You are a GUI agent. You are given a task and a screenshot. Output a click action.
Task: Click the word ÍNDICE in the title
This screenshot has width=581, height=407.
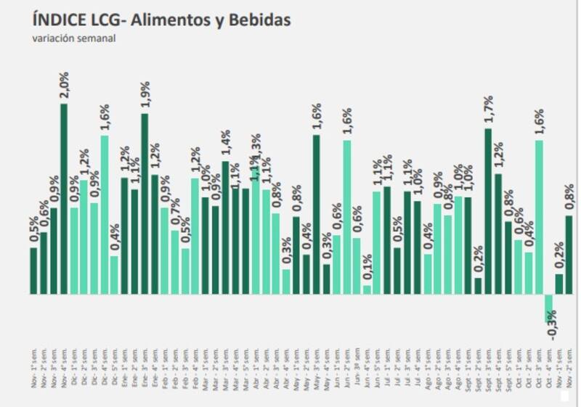coord(62,20)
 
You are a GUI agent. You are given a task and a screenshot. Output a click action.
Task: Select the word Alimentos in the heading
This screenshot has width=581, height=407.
coord(174,20)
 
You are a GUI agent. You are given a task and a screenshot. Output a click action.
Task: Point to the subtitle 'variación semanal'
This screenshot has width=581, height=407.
coord(74,38)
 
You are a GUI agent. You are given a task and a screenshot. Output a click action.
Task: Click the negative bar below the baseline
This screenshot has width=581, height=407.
coord(548,308)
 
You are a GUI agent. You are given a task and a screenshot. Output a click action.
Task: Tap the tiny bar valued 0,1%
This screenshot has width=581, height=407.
coord(367,289)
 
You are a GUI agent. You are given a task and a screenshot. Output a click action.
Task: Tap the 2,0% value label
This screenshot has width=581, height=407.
coord(64,86)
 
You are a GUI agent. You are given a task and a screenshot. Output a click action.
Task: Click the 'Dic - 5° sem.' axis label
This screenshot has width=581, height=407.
coord(115,367)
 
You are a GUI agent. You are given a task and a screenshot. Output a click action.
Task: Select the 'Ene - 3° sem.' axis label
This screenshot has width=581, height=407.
coord(145,367)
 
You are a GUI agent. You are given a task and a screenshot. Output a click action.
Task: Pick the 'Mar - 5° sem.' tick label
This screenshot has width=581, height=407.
coord(245,367)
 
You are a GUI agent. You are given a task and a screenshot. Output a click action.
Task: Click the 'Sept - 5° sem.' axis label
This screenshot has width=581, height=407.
coord(508,367)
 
